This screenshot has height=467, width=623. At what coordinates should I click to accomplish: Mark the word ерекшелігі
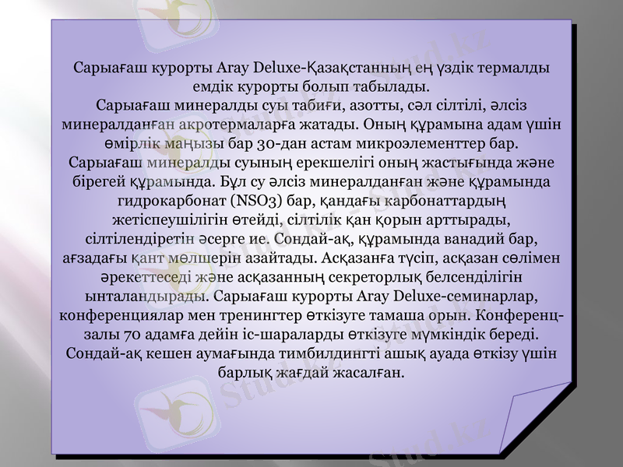click(x=298, y=163)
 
